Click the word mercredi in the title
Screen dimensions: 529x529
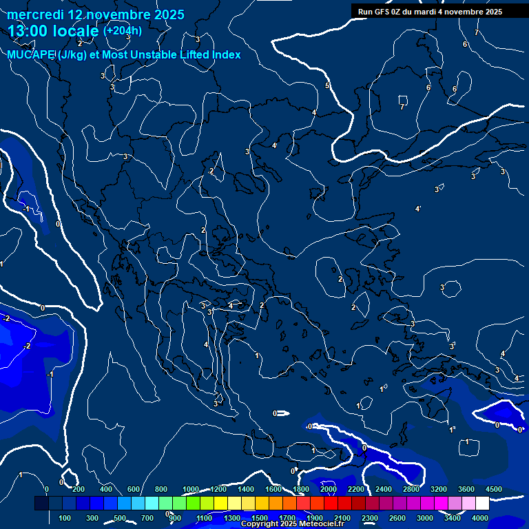click(36, 14)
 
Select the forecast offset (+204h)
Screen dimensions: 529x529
click(123, 30)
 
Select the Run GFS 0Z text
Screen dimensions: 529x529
click(380, 12)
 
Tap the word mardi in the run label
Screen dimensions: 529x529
click(424, 12)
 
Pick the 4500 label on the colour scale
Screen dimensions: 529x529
click(493, 489)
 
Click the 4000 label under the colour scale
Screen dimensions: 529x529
click(481, 518)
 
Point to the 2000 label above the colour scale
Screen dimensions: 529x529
click(329, 489)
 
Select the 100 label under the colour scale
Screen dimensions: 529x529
click(65, 518)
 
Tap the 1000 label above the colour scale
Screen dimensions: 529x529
click(191, 489)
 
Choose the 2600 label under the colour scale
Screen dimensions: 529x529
click(397, 518)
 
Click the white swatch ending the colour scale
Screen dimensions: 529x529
click(482, 504)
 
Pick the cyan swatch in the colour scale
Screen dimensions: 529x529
click(152, 504)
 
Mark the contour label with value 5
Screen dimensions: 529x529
click(327, 85)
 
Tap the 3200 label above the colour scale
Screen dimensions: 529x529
click(439, 489)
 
